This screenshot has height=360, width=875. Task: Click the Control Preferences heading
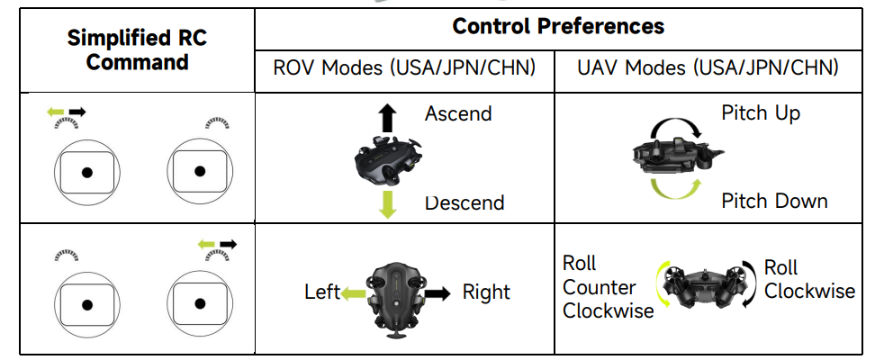coord(558,26)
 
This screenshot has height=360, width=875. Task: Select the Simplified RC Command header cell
coord(138,50)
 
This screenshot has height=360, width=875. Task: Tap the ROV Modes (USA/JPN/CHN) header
coord(404,67)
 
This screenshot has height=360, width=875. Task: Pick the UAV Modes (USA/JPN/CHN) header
coord(708,67)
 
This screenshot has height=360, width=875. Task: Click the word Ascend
coord(458,114)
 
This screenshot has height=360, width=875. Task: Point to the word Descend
coord(465,202)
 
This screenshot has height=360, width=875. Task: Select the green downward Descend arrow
coord(388,204)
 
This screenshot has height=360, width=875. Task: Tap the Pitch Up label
coord(760,112)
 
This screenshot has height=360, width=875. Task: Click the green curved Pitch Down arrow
coord(674,188)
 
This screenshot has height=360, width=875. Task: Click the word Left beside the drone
coord(322,292)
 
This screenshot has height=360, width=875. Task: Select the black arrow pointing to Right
coord(438,292)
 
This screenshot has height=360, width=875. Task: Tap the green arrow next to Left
coord(353,292)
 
